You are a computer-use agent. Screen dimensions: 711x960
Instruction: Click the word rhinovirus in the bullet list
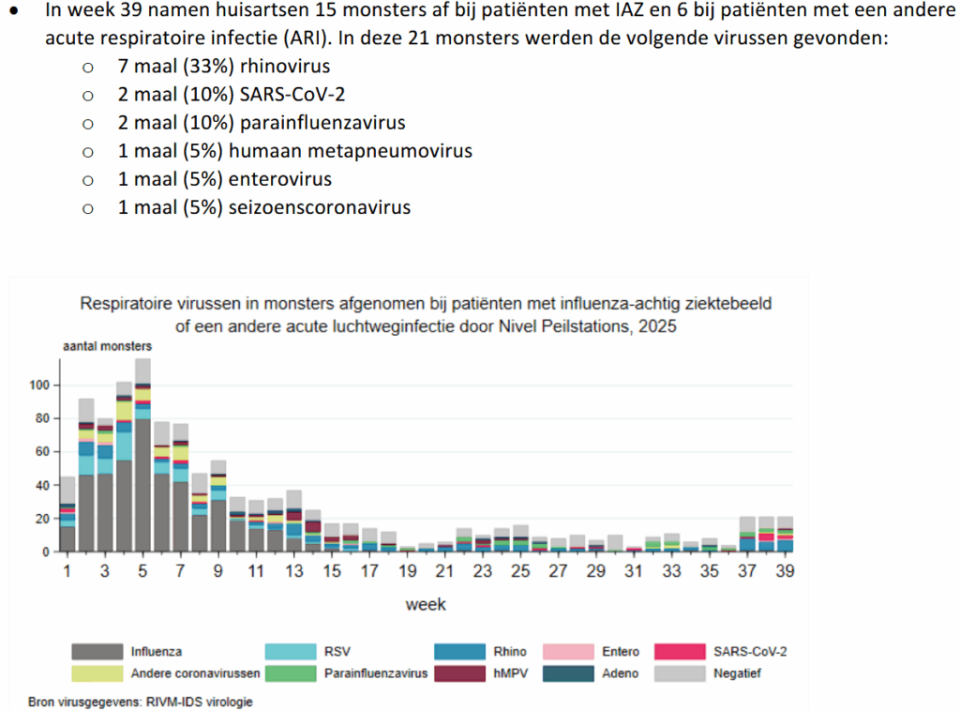click(280, 68)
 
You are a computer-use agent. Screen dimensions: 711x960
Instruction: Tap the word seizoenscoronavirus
click(319, 207)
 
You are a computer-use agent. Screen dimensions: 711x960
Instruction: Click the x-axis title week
click(426, 605)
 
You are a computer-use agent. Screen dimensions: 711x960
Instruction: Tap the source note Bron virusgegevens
click(140, 701)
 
